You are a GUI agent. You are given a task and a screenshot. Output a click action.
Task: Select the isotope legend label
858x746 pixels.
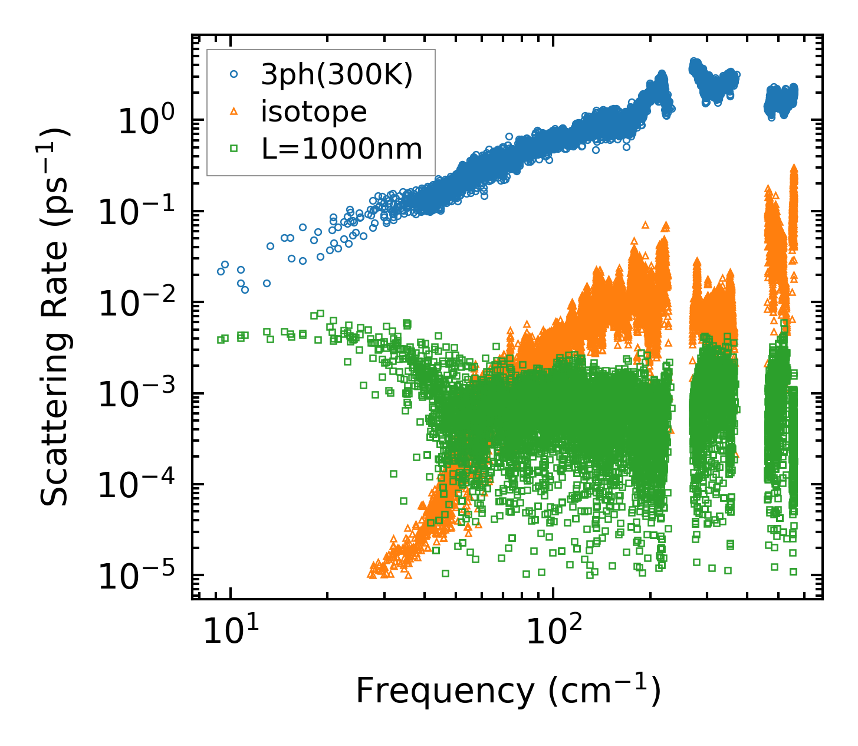[314, 111]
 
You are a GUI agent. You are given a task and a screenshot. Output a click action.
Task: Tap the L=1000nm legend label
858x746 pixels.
[342, 149]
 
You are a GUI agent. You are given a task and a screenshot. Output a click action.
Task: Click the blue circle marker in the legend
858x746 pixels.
[234, 74]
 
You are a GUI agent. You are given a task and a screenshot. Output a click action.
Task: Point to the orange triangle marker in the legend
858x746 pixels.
[234, 111]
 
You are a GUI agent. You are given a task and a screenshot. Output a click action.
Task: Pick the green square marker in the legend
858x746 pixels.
[234, 149]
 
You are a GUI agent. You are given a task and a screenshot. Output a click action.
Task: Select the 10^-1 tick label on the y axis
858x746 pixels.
[140, 212]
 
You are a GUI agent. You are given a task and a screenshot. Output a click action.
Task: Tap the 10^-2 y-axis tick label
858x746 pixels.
[140, 303]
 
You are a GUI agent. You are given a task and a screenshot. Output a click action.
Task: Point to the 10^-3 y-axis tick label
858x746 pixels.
[140, 394]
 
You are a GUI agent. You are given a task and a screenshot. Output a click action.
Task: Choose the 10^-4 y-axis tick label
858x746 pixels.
[140, 485]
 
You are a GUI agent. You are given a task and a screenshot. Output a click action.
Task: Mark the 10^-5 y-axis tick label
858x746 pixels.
[140, 576]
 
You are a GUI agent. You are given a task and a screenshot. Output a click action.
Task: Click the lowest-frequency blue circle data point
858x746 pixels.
[221, 271]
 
